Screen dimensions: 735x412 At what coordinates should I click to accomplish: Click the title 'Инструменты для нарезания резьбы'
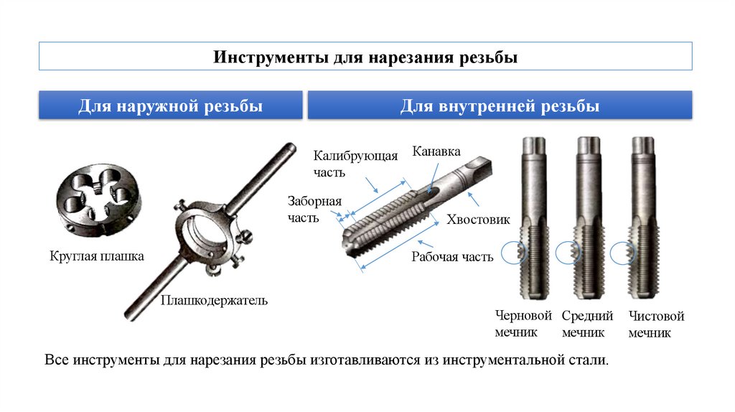pyautogui.click(x=365, y=57)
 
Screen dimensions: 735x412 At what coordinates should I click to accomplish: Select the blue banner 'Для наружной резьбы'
pyautogui.click(x=170, y=105)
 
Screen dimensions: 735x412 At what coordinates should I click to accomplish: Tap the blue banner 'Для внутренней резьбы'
pyautogui.click(x=500, y=105)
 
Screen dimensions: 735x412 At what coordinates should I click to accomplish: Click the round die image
pyautogui.click(x=98, y=200)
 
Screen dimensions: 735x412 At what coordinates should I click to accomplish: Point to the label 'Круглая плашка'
pyautogui.click(x=97, y=256)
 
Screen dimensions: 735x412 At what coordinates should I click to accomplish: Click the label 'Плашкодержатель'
pyautogui.click(x=214, y=300)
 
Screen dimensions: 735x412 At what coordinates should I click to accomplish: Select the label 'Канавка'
pyautogui.click(x=436, y=151)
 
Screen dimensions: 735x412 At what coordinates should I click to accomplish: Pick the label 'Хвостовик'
pyautogui.click(x=477, y=220)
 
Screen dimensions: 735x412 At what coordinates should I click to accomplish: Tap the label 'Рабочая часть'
pyautogui.click(x=452, y=257)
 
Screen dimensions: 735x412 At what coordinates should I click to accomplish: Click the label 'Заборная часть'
pyautogui.click(x=314, y=210)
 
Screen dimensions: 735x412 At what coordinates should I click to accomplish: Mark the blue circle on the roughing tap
pyautogui.click(x=514, y=253)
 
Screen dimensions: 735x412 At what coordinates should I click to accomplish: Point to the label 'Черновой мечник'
pyautogui.click(x=523, y=324)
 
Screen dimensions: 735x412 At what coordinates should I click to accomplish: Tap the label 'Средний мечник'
pyautogui.click(x=587, y=324)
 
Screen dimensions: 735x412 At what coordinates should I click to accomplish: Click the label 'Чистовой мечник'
pyautogui.click(x=656, y=324)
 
